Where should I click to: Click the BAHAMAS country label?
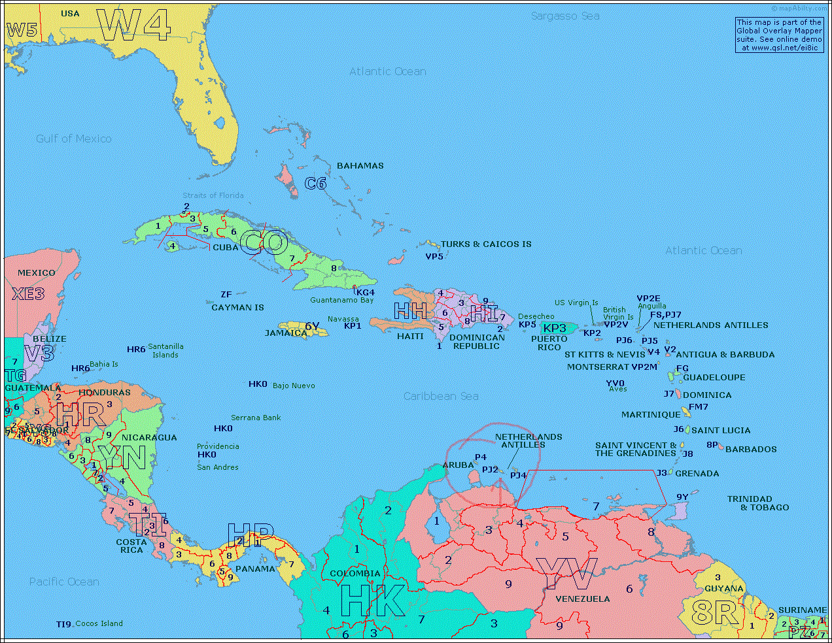(x=360, y=166)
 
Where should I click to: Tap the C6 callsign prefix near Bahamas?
(x=315, y=184)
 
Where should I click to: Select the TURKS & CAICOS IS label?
(x=485, y=244)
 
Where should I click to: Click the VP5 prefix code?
(x=434, y=256)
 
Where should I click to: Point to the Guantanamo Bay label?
(x=341, y=301)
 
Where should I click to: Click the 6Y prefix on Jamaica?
(x=312, y=326)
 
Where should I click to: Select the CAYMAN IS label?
(x=237, y=308)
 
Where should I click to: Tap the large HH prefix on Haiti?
(x=410, y=311)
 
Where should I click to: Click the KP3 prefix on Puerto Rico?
(x=555, y=328)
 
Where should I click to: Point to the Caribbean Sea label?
(x=440, y=396)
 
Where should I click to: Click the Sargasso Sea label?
(x=564, y=16)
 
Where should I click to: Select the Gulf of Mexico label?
(x=73, y=139)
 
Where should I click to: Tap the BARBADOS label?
(x=751, y=450)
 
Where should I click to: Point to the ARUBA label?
(x=458, y=465)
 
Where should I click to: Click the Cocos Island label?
(x=99, y=623)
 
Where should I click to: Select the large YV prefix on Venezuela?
(x=566, y=574)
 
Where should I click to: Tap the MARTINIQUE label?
(x=650, y=415)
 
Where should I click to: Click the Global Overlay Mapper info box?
(x=778, y=35)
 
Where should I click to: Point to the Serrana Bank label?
(x=255, y=418)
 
